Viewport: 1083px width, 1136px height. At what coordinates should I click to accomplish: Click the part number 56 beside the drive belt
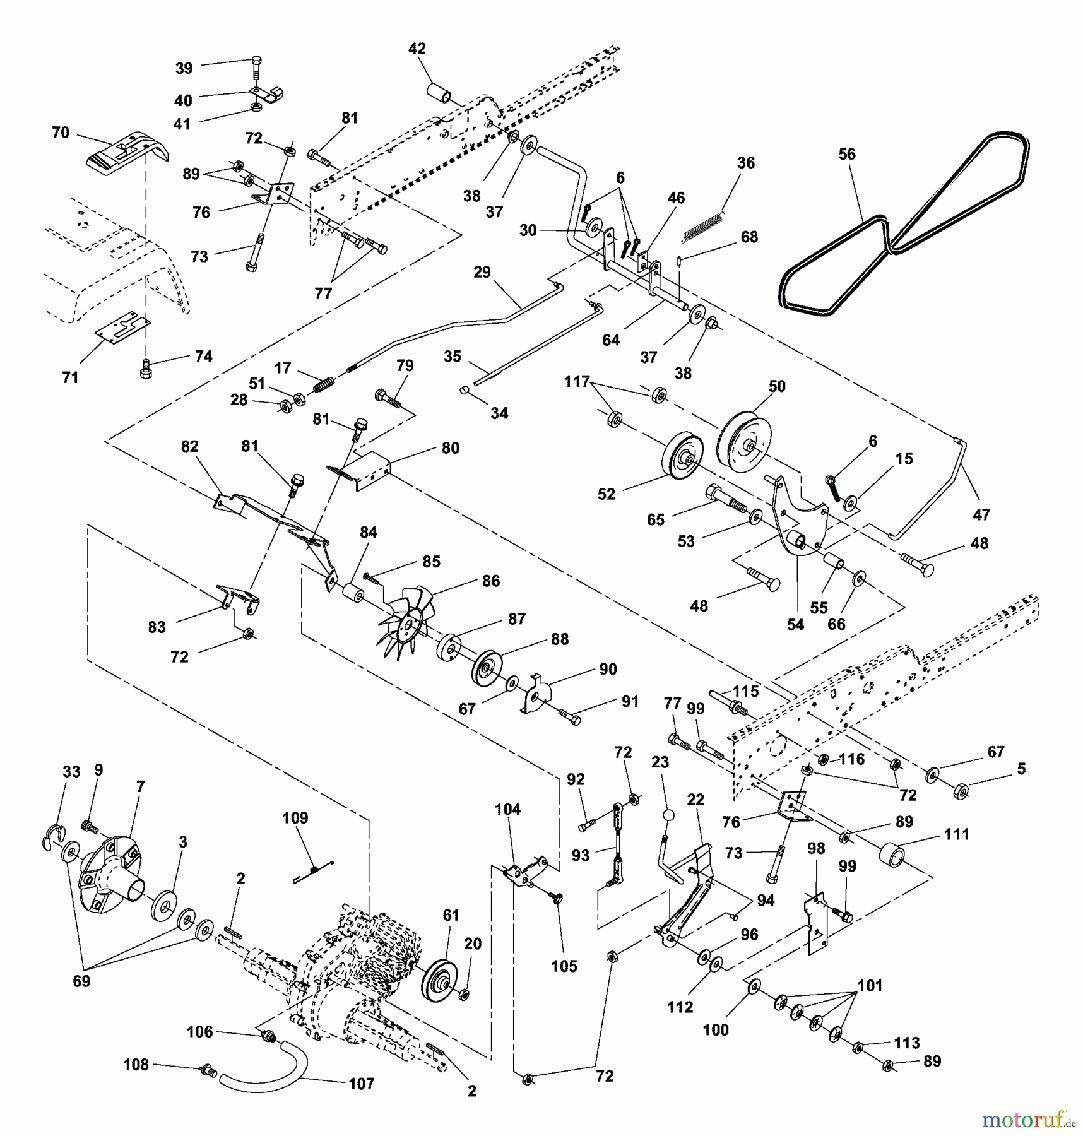click(x=847, y=154)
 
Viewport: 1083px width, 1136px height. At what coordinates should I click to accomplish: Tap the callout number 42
click(x=417, y=49)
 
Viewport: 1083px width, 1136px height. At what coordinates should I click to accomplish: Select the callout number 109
click(x=295, y=818)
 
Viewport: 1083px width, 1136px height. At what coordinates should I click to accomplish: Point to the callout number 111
click(x=956, y=834)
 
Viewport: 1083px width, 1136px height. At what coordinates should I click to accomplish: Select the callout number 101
click(x=870, y=985)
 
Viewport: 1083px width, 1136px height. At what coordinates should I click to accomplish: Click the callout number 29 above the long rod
click(x=482, y=272)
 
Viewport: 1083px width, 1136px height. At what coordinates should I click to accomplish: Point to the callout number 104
click(x=507, y=809)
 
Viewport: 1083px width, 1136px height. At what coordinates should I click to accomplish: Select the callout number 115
click(x=745, y=690)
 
